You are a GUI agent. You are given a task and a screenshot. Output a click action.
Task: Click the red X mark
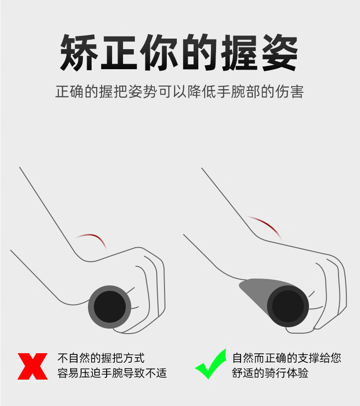[32, 366]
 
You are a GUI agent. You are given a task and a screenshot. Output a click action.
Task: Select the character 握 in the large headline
[240, 52]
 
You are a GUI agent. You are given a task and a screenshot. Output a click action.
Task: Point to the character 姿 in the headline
[280, 52]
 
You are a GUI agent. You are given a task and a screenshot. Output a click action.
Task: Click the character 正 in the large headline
[119, 52]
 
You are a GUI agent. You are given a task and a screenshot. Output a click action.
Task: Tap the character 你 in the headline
[159, 52]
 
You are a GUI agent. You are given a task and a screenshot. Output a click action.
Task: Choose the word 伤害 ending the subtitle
[289, 91]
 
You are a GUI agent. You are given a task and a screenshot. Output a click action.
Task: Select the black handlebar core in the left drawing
[110, 307]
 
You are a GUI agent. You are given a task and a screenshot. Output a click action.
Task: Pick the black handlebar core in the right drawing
[288, 306]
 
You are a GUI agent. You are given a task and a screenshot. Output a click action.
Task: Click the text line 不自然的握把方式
[101, 358]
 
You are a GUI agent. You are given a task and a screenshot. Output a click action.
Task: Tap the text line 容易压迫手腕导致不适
[112, 373]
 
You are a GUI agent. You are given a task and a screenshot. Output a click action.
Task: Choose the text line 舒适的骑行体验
[270, 373]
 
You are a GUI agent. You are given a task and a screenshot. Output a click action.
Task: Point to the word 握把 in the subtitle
[113, 91]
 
